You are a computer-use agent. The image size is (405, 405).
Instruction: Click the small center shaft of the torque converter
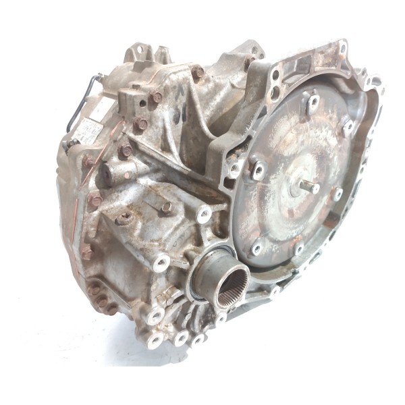pyautogui.click(x=311, y=186)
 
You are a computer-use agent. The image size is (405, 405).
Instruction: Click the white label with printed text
pyautogui.click(x=85, y=127)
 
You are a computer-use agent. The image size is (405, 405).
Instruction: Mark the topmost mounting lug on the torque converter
pyautogui.click(x=313, y=103)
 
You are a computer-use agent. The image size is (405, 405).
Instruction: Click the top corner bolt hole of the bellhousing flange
pyautogui.click(x=343, y=48)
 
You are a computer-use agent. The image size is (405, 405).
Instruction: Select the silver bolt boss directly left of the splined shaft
pyautogui.click(x=161, y=261)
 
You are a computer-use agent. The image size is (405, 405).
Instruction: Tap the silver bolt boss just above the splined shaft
pyautogui.click(x=203, y=215)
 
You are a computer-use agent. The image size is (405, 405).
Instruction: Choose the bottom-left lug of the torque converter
pyautogui.click(x=256, y=248)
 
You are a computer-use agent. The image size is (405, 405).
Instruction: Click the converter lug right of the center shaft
pyautogui.click(x=337, y=194)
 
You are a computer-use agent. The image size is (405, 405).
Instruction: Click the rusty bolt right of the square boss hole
pyautogui.click(x=156, y=98)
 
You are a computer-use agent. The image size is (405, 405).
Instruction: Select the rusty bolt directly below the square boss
pyautogui.click(x=141, y=124)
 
